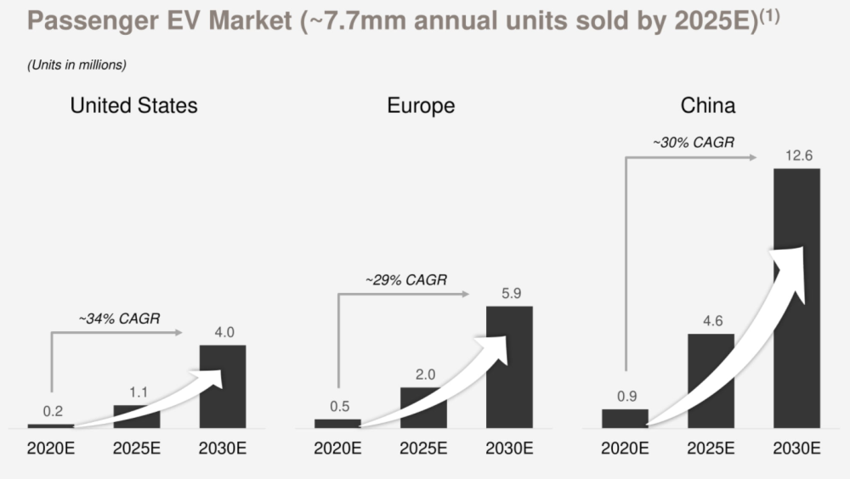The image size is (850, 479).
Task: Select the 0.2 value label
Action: pos(53,411)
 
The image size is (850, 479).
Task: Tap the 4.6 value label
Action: pos(711,320)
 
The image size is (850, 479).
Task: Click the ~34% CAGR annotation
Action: pos(119,319)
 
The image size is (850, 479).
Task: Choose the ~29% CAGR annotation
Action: pos(405,279)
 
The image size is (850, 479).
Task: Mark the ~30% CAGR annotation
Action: pos(693,143)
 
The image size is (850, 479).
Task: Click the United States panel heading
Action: pos(133,106)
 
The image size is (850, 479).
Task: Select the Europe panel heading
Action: pos(421,106)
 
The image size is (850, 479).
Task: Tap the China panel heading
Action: pos(708,106)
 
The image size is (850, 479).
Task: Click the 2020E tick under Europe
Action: pos(337,448)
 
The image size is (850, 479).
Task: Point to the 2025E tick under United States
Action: pos(136,448)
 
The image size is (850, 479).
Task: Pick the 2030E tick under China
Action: pos(796,448)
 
